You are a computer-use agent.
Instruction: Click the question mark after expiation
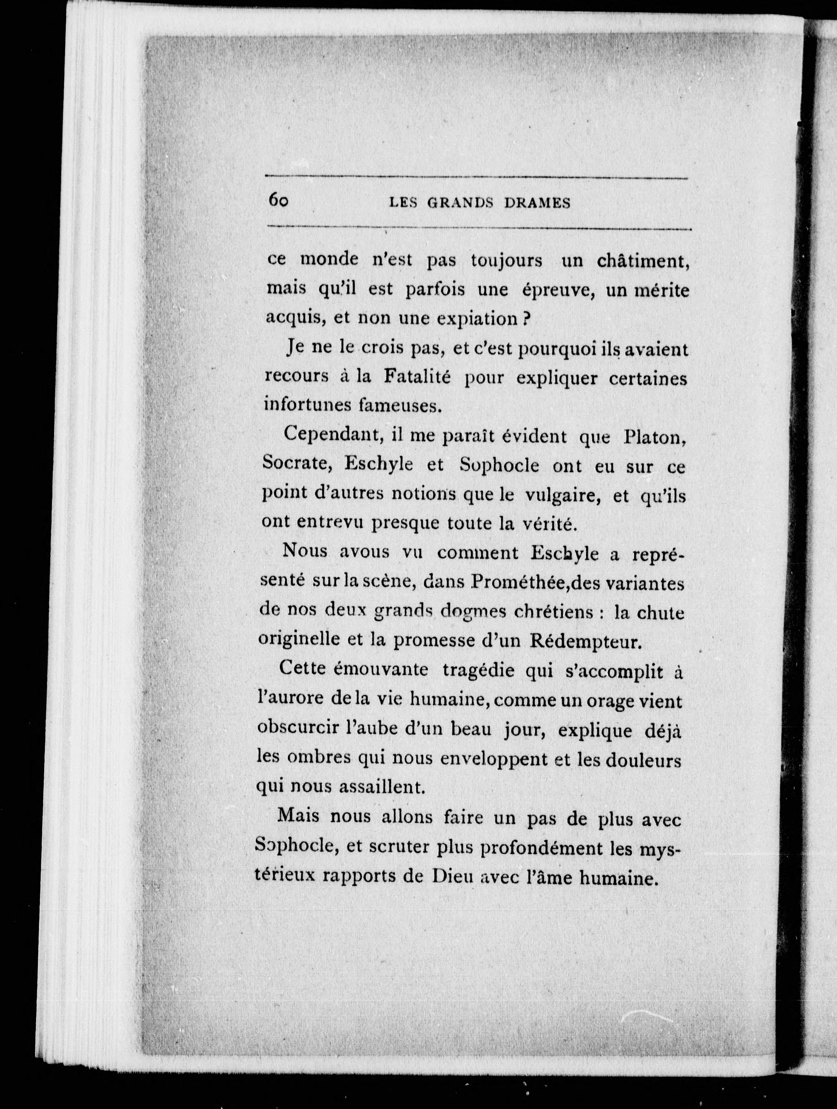click(x=526, y=319)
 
